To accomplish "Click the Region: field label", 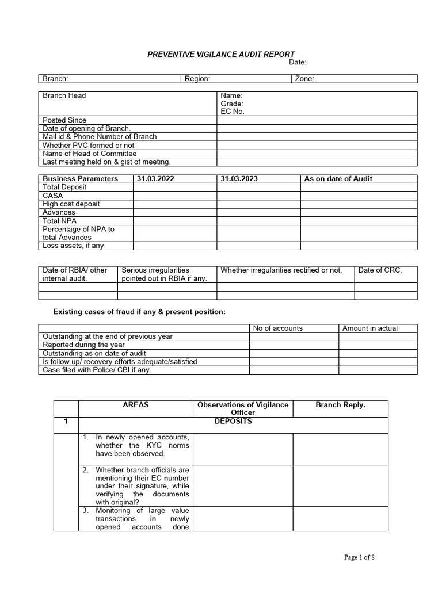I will click(x=197, y=79).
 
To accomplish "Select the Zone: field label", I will click(x=304, y=79).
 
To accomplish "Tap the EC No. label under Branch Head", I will click(x=233, y=112).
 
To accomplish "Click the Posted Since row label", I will click(x=64, y=120).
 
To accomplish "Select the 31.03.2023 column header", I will click(x=239, y=179).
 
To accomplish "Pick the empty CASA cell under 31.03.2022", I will click(x=175, y=196).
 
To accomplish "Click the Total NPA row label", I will click(x=60, y=221).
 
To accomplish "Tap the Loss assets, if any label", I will click(x=74, y=246).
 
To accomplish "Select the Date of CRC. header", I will click(x=380, y=270).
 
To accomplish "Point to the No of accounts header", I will click(x=277, y=328).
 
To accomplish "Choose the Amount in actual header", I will click(x=370, y=328).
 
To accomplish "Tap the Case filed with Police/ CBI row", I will click(x=97, y=370).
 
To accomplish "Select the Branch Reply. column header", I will click(x=340, y=405).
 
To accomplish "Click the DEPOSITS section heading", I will click(x=233, y=422).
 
